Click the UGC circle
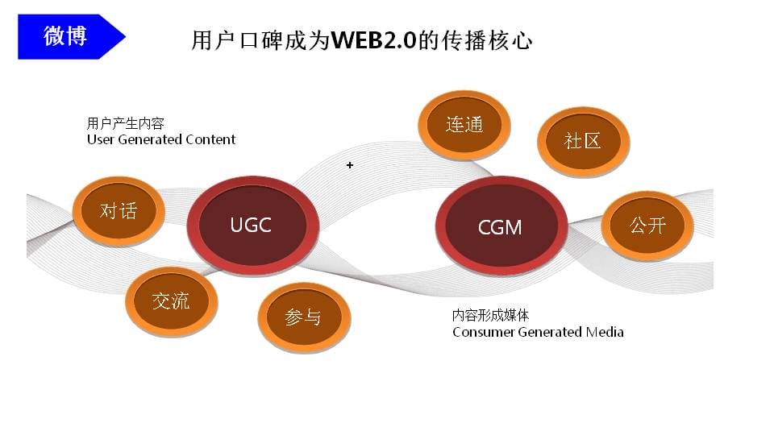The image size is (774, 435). (x=252, y=226)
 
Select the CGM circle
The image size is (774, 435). (x=501, y=226)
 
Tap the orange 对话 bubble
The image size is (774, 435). (x=119, y=211)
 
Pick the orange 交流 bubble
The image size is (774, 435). (x=171, y=301)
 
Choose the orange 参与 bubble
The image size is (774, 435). (x=304, y=317)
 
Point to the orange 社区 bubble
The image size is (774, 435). (x=584, y=142)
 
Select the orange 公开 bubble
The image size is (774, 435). (x=647, y=226)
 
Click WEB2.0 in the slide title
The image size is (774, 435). (x=374, y=40)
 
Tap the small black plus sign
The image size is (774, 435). (x=350, y=164)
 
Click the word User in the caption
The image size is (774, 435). (x=101, y=139)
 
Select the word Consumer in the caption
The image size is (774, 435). (x=484, y=332)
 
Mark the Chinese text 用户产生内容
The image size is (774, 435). (x=126, y=123)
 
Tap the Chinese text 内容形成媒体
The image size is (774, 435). (x=491, y=315)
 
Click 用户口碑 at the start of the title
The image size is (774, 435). (x=236, y=40)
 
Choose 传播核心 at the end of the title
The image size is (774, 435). (x=487, y=40)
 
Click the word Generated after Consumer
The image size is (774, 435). (x=550, y=332)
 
